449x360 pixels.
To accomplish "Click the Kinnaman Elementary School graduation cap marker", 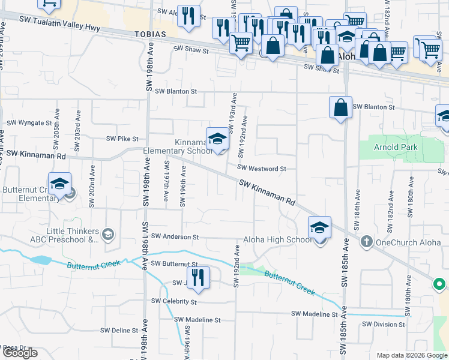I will tap(217, 139).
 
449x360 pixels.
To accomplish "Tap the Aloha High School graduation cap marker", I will tap(319, 228).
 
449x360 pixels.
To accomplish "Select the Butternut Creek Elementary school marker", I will tap(59, 185).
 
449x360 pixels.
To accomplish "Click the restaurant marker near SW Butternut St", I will tap(198, 277).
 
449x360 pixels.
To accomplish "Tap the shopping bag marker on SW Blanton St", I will tap(340, 108).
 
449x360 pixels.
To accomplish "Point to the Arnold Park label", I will tap(395, 146).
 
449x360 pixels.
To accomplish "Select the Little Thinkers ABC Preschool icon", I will tap(108, 233).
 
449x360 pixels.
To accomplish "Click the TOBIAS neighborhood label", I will tap(149, 34).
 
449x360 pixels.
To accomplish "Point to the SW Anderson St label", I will tap(175, 237).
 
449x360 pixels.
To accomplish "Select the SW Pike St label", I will tap(122, 139).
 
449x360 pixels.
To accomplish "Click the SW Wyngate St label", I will tap(29, 122).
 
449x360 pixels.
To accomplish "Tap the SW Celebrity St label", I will tap(174, 301).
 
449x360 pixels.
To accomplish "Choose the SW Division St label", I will tap(384, 325).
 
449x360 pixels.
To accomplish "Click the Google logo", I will tap(20, 353).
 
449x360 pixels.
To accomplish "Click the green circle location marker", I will tap(439, 284).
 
